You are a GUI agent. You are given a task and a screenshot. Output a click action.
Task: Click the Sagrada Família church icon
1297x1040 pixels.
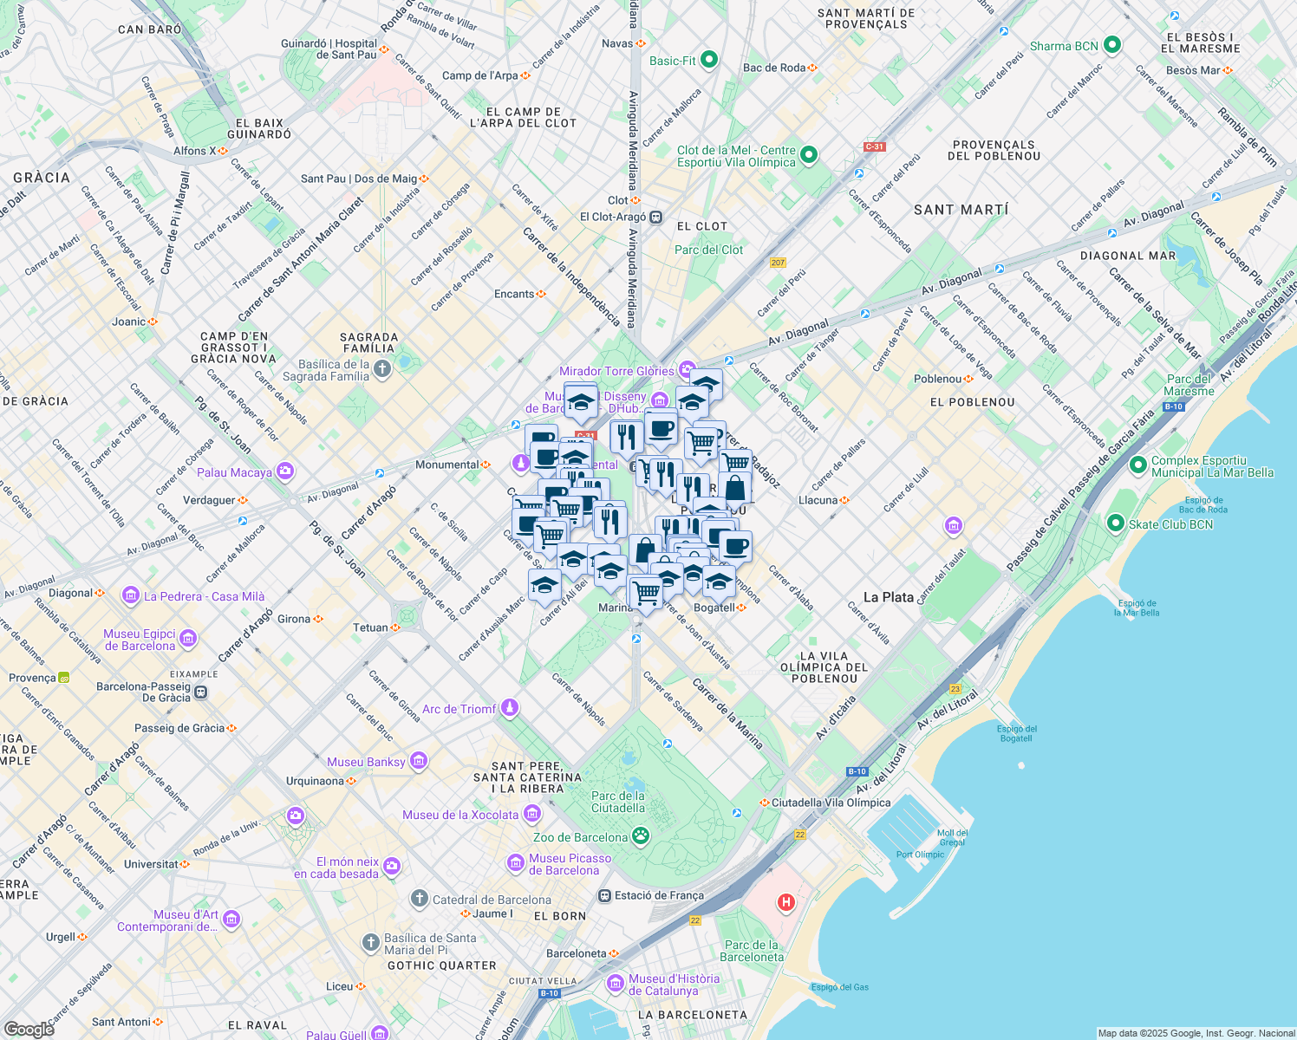coord(382,370)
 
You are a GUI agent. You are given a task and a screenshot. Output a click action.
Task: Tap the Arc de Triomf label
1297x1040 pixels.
coord(459,709)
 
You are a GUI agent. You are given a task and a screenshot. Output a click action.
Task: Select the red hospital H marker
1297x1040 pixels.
coord(785,903)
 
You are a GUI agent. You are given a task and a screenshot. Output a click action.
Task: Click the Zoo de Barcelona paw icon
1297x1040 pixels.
coord(641,835)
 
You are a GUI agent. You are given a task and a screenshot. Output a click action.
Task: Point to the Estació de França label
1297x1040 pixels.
coord(659,895)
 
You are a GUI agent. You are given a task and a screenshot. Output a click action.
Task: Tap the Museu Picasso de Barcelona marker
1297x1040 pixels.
coord(516,864)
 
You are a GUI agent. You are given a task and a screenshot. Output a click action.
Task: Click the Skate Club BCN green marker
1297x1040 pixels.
coord(1116,523)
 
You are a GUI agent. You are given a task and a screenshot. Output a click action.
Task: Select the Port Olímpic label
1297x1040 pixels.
coord(920,855)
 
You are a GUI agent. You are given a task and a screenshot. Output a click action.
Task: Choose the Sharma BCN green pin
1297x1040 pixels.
coord(1112,45)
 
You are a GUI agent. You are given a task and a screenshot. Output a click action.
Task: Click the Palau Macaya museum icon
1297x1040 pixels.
coord(285,471)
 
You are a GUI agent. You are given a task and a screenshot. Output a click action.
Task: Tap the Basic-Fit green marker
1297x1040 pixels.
coord(709,60)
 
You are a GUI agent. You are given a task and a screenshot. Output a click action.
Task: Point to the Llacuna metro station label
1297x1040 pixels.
coord(818,500)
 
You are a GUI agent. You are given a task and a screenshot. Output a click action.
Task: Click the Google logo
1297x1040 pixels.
coord(29,1029)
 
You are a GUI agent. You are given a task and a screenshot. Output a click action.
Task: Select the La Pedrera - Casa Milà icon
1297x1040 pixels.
coord(131,595)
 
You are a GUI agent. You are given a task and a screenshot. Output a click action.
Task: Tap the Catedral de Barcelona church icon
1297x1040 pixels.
coord(420,899)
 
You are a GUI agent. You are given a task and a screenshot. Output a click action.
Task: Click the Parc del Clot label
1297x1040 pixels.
coord(708,250)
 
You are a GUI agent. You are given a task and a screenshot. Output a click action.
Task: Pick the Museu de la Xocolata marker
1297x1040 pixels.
coord(532,814)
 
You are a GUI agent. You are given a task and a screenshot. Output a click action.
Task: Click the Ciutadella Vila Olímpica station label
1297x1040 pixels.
coord(831,803)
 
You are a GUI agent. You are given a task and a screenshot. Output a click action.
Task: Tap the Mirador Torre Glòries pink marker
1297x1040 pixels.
coord(688,370)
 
